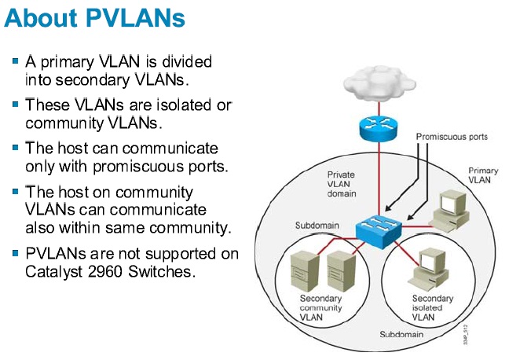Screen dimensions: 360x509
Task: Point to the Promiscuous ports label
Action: coord(452,137)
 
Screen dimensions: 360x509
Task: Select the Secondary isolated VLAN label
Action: coord(433,308)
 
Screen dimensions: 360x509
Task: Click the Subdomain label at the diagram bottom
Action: coord(401,334)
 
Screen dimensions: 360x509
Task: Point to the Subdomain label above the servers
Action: coord(317,226)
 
